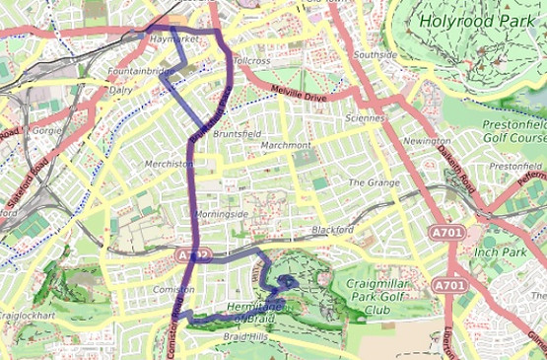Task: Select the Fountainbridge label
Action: click(140, 72)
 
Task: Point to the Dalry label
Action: click(121, 89)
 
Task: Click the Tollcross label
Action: click(251, 61)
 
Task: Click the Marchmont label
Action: click(286, 145)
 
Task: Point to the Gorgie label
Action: click(46, 129)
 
